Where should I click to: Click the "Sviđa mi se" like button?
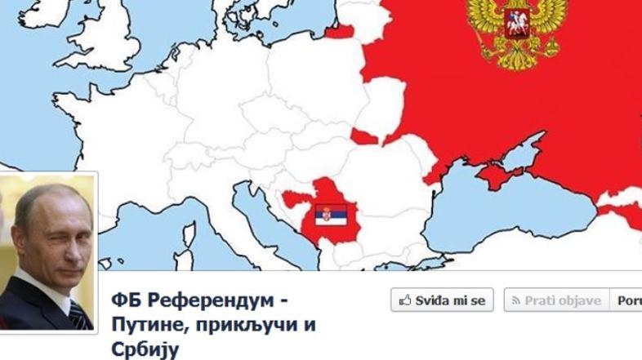pos(441,300)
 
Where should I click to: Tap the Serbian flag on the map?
pos(332,215)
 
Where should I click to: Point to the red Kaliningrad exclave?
pos(338,31)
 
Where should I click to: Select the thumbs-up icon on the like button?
pos(404,301)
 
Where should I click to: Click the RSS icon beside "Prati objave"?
pos(515,301)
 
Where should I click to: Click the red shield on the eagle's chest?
pos(516,25)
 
